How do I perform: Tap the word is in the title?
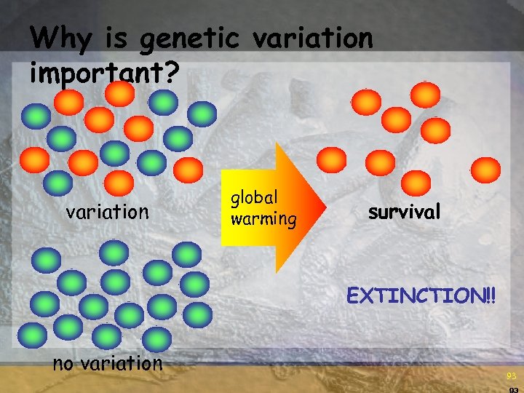pyautogui.click(x=111, y=37)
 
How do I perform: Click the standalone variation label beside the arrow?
pyautogui.click(x=107, y=212)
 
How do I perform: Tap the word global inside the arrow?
pyautogui.click(x=255, y=197)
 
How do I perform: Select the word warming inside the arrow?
pyautogui.click(x=263, y=218)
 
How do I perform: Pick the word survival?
pyautogui.click(x=404, y=212)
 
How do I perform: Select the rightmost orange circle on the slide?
pyautogui.click(x=485, y=170)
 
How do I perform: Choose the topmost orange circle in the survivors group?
pyautogui.click(x=425, y=95)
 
